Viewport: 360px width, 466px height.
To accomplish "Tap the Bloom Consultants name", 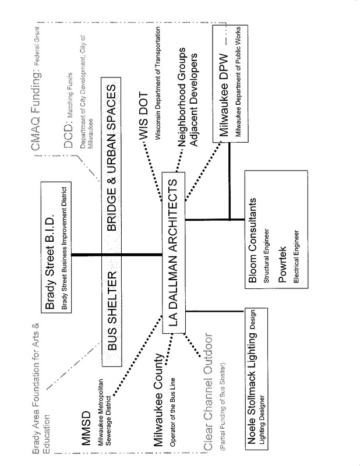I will coord(253,239).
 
